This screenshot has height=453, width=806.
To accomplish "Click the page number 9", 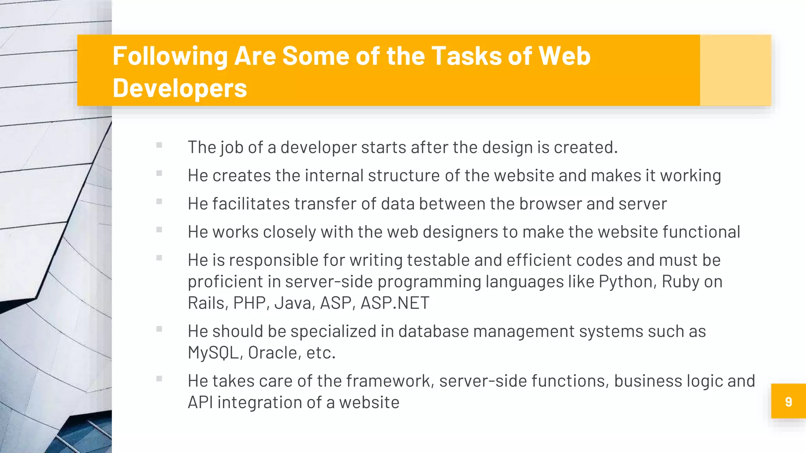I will [788, 401].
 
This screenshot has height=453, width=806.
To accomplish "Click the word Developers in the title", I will [180, 88].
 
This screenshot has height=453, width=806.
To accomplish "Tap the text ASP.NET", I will [395, 303].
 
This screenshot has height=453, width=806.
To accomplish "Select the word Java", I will [295, 303].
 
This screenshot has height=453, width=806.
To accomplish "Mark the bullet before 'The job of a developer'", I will [159, 145].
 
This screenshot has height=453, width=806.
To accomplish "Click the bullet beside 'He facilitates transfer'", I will [159, 201].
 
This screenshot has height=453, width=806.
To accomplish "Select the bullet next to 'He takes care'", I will [159, 379].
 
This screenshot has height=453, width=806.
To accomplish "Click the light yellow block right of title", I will [735, 70].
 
